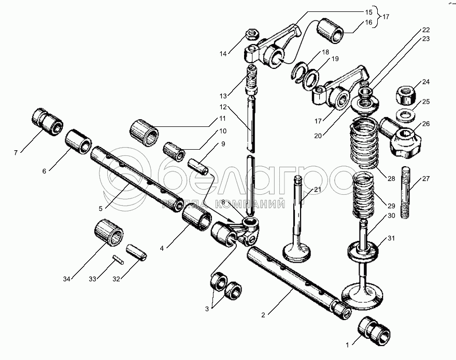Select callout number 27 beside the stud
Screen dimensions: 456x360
click(x=426, y=179)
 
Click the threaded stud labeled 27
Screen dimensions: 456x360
click(x=406, y=192)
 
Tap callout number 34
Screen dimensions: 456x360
click(x=66, y=280)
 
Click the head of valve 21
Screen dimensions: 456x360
click(x=297, y=253)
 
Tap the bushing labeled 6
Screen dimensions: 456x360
click(x=78, y=140)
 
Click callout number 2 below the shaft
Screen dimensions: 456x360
click(x=263, y=314)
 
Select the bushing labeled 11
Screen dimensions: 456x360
click(x=145, y=132)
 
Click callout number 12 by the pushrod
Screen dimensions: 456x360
click(x=223, y=107)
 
